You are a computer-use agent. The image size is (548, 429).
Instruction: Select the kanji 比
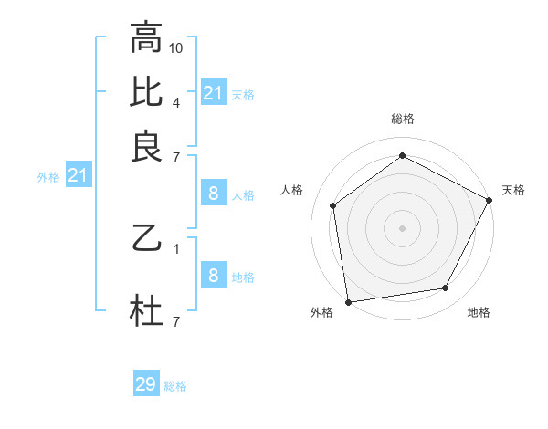click(x=146, y=93)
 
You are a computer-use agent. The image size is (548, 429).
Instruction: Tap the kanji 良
click(x=146, y=148)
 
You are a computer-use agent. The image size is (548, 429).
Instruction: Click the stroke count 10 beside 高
click(x=176, y=47)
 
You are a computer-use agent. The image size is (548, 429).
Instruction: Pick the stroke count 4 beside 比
click(x=176, y=101)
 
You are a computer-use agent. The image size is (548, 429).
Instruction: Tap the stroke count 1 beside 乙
click(x=176, y=248)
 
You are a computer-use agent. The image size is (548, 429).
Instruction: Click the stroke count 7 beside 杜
click(x=176, y=321)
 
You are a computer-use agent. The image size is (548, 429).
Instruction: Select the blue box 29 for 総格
click(x=146, y=384)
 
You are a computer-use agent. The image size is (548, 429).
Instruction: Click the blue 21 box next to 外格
click(x=77, y=175)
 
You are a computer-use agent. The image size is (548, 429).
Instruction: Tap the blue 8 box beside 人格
click(x=213, y=193)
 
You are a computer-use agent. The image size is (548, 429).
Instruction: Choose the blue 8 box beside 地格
click(x=213, y=276)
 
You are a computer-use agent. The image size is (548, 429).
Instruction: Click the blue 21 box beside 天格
click(x=213, y=92)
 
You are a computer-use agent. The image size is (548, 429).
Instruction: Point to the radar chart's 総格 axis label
click(x=402, y=119)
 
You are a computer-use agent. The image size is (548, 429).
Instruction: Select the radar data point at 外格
click(x=348, y=301)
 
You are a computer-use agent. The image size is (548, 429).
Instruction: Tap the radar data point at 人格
click(x=333, y=205)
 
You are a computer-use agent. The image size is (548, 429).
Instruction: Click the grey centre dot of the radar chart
click(x=402, y=228)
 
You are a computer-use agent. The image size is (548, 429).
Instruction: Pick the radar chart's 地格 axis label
click(x=479, y=312)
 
